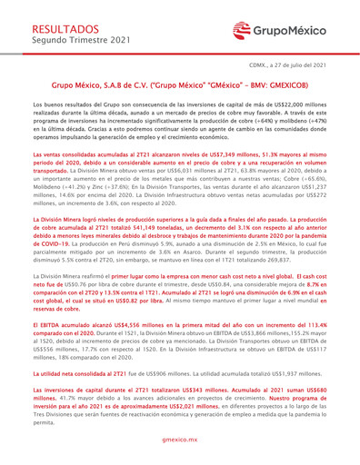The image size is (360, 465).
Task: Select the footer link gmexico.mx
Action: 180,438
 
